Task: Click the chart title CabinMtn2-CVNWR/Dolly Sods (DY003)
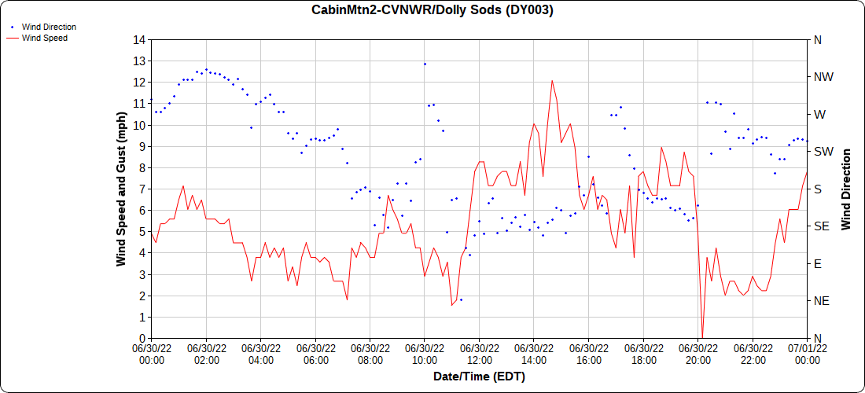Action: pos(433,10)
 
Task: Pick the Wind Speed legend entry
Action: pos(44,37)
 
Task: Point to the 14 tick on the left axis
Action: pos(140,39)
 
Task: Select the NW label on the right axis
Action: pos(823,77)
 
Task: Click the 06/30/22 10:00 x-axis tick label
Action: pos(425,354)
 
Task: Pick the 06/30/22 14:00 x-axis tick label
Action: pos(534,354)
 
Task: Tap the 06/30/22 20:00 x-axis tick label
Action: pos(698,354)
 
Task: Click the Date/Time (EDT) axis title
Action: pos(479,376)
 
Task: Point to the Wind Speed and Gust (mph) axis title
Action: pos(122,189)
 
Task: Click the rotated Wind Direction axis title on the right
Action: pos(847,189)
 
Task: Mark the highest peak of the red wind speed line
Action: pos(552,80)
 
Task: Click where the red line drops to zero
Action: pos(702,337)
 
